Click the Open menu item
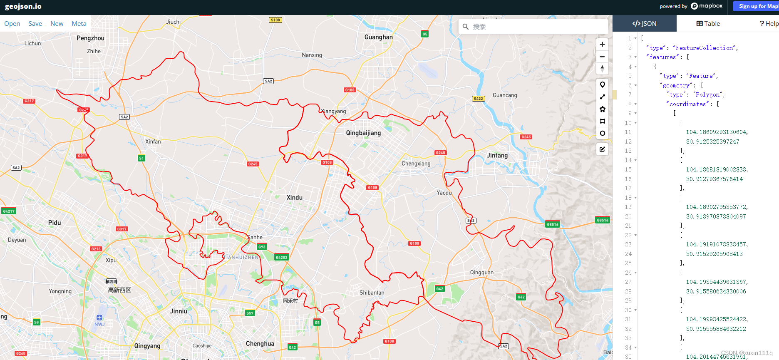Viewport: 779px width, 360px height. [12, 24]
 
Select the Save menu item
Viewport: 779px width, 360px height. [35, 24]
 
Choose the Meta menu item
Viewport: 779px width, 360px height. [79, 24]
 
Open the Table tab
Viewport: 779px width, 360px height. [708, 24]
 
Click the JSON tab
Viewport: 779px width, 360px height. [644, 24]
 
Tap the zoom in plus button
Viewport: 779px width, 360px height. [602, 45]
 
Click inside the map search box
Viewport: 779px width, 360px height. [537, 27]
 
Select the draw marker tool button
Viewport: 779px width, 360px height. [602, 85]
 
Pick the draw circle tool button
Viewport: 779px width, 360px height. [602, 133]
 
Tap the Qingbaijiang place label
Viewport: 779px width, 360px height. [363, 133]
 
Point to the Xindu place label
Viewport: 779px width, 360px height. [295, 198]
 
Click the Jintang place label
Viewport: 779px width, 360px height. [497, 156]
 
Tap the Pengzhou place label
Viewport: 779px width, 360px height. [90, 38]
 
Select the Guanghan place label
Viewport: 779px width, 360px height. [378, 37]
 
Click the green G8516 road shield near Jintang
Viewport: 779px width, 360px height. [553, 224]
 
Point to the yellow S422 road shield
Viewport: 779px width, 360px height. [478, 99]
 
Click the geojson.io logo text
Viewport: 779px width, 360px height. [23, 7]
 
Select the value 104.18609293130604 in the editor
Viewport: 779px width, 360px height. [717, 132]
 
